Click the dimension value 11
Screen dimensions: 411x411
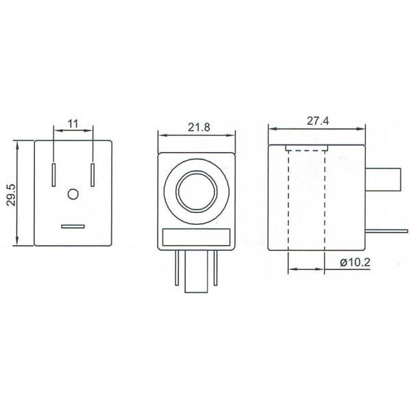click(x=73, y=123)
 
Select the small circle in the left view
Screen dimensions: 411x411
click(x=73, y=195)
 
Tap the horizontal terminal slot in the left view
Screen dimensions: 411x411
click(x=73, y=225)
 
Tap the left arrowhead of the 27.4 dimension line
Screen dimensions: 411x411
click(x=271, y=128)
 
